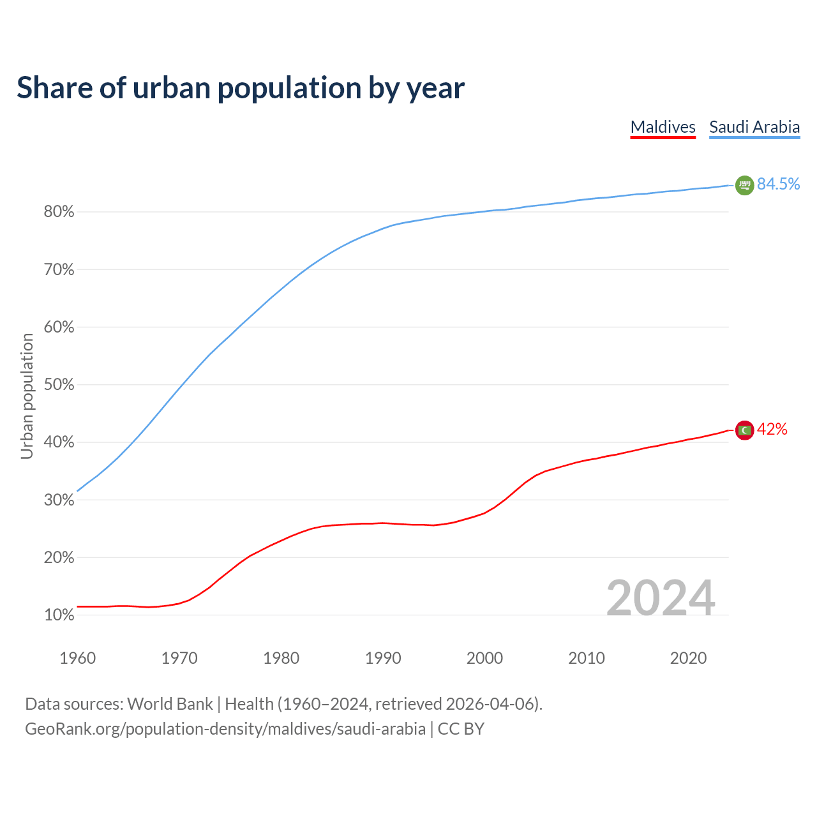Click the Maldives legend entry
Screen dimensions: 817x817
[x=663, y=127]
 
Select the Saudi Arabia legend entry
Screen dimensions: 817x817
[x=754, y=127]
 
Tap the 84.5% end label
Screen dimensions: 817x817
[x=778, y=184]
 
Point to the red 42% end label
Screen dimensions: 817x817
[x=772, y=430]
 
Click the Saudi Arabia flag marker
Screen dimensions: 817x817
[x=744, y=185]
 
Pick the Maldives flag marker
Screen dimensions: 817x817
[x=744, y=430]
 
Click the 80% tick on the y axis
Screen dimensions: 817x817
[x=59, y=212]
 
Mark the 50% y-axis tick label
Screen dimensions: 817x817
[x=59, y=385]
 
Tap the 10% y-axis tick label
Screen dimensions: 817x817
[x=59, y=615]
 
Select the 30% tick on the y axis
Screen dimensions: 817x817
[x=59, y=500]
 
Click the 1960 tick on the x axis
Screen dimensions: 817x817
[x=77, y=658]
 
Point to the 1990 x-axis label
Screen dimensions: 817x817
[x=383, y=658]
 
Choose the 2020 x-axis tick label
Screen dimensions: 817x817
[x=688, y=658]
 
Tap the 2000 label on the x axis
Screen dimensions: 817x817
[x=484, y=658]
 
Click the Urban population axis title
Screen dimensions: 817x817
[x=27, y=396]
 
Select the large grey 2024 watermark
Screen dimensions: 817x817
[x=660, y=598]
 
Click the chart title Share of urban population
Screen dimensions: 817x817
[x=240, y=88]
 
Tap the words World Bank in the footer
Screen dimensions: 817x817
[x=170, y=704]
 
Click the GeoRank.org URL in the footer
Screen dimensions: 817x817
[x=225, y=729]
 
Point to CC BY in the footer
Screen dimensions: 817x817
[x=461, y=729]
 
